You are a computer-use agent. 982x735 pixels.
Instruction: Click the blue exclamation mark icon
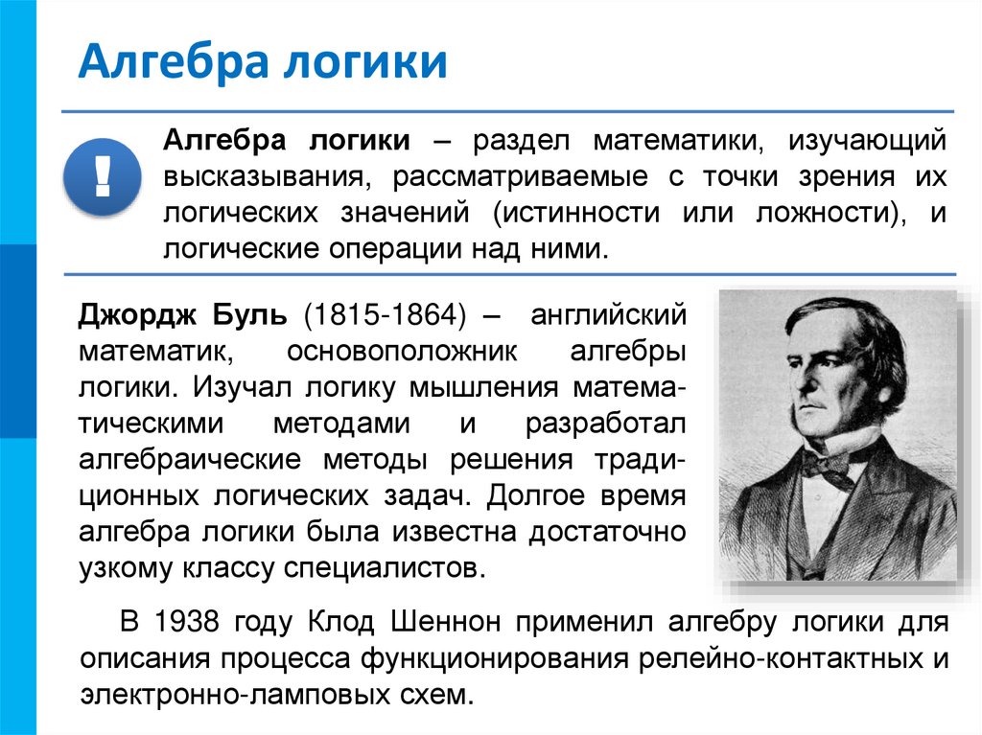pos(102,175)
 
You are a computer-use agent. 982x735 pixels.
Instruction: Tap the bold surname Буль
pos(252,313)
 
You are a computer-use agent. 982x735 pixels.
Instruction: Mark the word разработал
pos(605,423)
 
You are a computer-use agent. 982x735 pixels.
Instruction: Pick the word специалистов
pos(381,568)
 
